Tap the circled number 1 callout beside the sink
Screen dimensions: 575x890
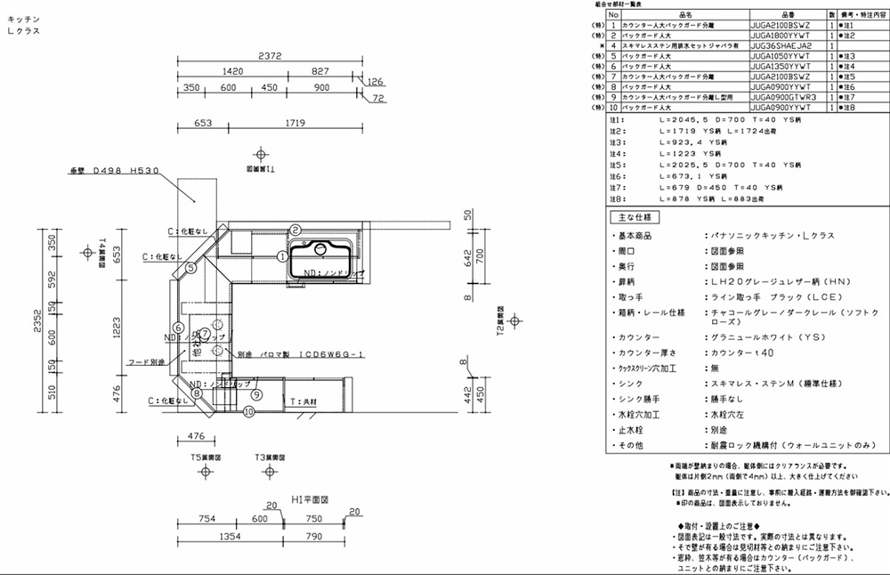pos(281,256)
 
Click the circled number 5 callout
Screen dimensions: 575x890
pos(190,267)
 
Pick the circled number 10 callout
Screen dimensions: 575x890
pos(249,411)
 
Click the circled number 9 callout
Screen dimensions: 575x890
pos(255,393)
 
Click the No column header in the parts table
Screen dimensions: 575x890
pos(612,14)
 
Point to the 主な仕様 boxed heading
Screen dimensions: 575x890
pos(632,217)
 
